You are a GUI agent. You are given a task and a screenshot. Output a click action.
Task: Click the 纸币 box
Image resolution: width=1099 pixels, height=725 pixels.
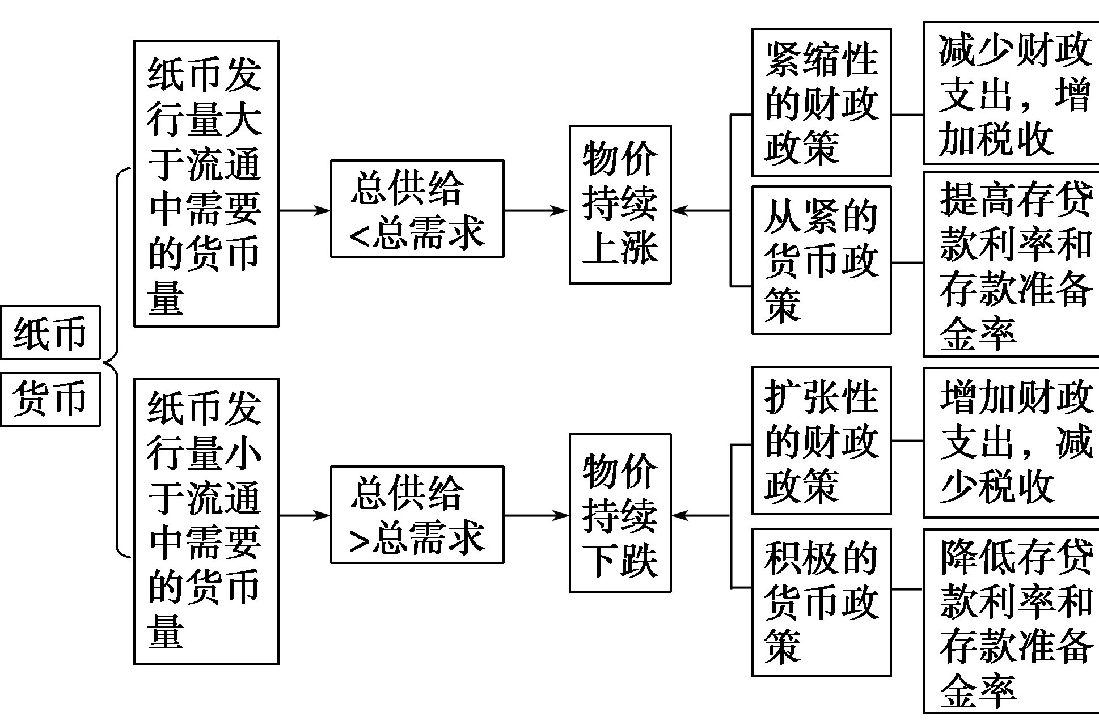click(x=50, y=333)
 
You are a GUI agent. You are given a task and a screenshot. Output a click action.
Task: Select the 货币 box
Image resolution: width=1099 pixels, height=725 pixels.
click(x=50, y=399)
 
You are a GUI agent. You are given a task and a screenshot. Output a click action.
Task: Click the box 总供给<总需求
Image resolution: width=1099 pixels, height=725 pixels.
click(x=417, y=209)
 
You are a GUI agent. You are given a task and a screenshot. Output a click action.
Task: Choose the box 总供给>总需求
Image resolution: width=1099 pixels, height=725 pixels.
click(x=417, y=515)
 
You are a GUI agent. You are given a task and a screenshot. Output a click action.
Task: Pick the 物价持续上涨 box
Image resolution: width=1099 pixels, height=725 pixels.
click(x=620, y=205)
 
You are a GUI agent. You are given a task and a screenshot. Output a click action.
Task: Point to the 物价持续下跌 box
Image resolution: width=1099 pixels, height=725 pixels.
click(x=620, y=513)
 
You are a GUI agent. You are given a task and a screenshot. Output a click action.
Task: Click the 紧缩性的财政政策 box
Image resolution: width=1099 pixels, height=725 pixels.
click(x=821, y=103)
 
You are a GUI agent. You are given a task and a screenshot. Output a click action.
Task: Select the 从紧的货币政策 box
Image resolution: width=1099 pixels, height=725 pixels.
click(x=821, y=260)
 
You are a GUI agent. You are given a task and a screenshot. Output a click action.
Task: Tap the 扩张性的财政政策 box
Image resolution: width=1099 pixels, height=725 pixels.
click(x=821, y=440)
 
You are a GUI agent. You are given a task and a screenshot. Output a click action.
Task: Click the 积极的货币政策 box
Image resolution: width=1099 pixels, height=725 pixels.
click(x=821, y=603)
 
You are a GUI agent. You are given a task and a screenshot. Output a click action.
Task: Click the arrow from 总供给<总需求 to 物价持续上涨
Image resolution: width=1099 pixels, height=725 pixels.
click(x=535, y=210)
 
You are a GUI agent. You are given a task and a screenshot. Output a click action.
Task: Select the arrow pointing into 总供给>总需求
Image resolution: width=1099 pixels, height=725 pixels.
click(x=305, y=515)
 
